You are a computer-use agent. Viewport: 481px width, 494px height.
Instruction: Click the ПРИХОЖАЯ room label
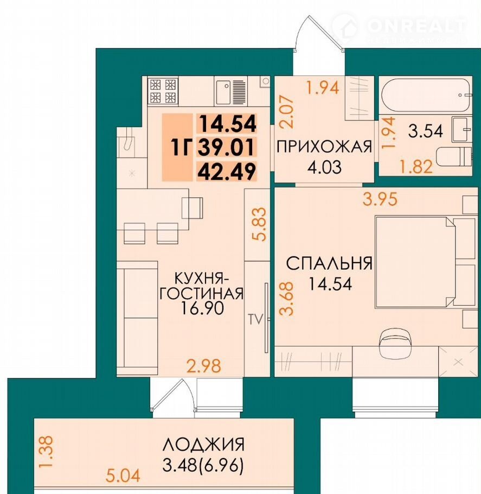324,147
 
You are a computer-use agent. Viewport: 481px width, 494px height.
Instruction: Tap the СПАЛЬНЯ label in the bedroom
329,263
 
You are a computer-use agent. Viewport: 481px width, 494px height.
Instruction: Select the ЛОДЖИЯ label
203,445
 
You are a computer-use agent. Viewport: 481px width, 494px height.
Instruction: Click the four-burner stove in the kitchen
163,91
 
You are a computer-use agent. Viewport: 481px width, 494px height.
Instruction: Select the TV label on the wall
255,320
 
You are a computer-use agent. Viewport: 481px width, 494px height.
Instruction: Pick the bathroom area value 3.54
426,131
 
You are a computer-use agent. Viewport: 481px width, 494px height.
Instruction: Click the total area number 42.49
227,172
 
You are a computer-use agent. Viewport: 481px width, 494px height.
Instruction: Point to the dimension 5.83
261,224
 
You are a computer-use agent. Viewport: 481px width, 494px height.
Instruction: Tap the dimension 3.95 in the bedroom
380,199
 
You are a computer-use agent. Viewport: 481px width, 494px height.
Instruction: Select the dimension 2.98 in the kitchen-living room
204,366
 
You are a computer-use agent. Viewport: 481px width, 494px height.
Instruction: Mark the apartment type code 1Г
181,148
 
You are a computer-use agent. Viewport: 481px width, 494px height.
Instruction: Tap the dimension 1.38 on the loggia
48,453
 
